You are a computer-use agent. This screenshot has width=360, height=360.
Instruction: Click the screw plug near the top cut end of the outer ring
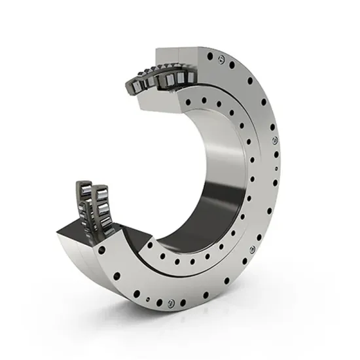pos(226,63)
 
